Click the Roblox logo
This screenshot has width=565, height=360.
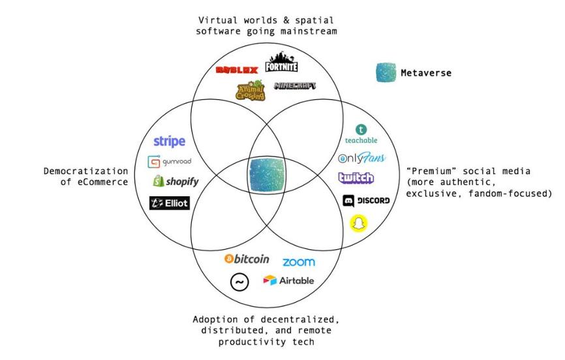[x=237, y=70]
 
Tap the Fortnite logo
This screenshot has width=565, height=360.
[x=281, y=63]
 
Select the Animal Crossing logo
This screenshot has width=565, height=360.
[x=251, y=91]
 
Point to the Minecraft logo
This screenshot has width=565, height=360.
[x=295, y=86]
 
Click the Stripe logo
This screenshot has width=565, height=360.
[x=170, y=142]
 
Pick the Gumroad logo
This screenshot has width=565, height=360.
[x=170, y=162]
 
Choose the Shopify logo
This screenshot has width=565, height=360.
[x=176, y=181]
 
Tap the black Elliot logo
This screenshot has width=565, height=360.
[x=170, y=203]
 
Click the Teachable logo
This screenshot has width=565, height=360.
[x=361, y=134]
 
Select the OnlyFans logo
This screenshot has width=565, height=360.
[x=361, y=158]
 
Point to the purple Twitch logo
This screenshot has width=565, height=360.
[x=356, y=177]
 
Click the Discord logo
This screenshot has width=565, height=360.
[x=366, y=201]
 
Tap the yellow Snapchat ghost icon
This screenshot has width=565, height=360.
[x=359, y=224]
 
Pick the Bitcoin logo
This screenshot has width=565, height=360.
[x=247, y=259]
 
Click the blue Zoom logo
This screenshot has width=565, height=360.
[x=299, y=262]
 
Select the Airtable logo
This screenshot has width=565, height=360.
[x=288, y=280]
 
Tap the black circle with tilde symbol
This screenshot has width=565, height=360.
[x=239, y=282]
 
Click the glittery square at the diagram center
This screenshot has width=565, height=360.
[x=267, y=175]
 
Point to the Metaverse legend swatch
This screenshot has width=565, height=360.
[x=386, y=72]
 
